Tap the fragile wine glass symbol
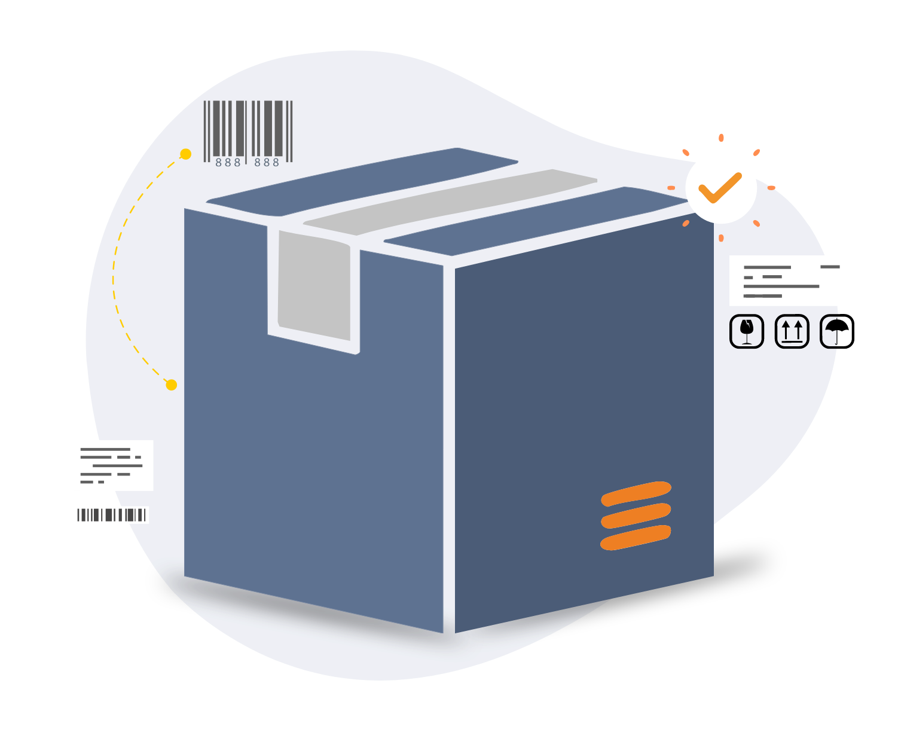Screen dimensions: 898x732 (x=747, y=331)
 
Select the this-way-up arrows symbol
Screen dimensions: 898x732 (x=792, y=331)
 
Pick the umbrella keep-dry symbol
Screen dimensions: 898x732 (x=837, y=331)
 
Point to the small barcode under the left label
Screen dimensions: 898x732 (x=112, y=515)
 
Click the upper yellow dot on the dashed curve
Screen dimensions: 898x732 (x=185, y=154)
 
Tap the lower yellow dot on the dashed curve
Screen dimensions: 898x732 (x=171, y=385)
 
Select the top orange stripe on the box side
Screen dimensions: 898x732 (x=636, y=493)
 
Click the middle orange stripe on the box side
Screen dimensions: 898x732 (x=636, y=516)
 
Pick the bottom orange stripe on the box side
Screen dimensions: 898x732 (x=636, y=538)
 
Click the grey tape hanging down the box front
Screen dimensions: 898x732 (x=314, y=285)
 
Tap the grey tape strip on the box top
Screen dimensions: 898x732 (x=450, y=202)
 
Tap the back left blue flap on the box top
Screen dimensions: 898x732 (x=362, y=182)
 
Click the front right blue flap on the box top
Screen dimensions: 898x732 (x=536, y=221)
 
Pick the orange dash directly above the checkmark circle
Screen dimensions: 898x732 (x=722, y=138)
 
